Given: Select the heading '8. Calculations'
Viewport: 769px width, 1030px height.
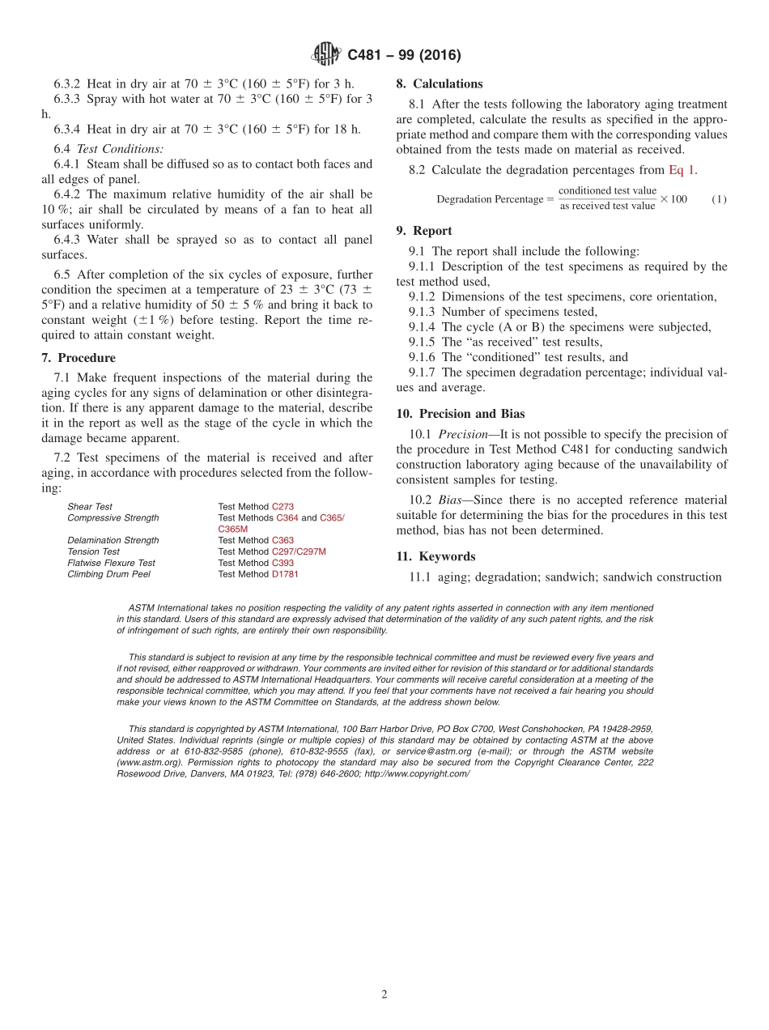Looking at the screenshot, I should (x=440, y=83).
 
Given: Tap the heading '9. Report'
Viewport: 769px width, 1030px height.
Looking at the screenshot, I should (x=424, y=231).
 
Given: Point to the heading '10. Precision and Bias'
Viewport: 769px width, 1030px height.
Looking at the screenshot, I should (x=460, y=414).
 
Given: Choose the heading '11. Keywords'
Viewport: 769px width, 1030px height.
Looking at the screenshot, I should (x=435, y=556).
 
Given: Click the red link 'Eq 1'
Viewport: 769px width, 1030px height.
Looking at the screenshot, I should (x=682, y=170).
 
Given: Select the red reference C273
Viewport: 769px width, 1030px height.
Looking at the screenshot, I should (x=283, y=507).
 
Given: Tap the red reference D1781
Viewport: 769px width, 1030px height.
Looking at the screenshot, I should (x=285, y=574).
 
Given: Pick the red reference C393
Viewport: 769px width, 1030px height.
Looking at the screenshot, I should (x=283, y=563).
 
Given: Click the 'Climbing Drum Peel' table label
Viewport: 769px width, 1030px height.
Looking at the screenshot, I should (x=108, y=574).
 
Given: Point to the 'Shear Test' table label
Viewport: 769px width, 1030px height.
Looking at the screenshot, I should (x=90, y=507).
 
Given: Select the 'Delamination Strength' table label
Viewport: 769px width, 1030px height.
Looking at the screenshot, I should (x=113, y=540).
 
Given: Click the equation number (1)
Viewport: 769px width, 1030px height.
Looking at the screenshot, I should (x=719, y=199).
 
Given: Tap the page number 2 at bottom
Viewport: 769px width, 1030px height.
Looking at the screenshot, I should (x=384, y=994).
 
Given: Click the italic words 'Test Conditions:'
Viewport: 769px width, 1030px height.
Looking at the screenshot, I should (x=120, y=149).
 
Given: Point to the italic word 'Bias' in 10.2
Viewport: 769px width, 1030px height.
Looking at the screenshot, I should (x=452, y=500).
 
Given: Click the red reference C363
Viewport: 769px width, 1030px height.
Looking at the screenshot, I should (x=283, y=540).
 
